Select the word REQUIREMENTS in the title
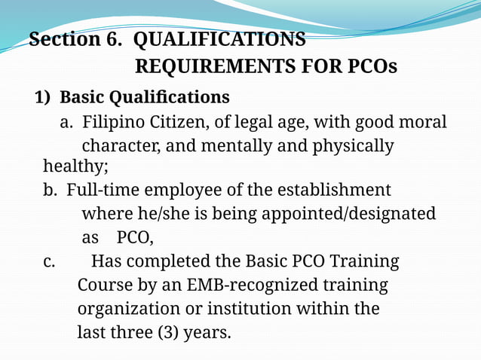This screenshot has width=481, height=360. coord(213,67)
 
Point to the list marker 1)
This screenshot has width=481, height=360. coord(44,98)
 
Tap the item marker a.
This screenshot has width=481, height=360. coord(66,122)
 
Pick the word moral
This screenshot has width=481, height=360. coord(423,122)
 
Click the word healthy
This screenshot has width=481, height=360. coord(75,166)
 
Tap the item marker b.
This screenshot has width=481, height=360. coord(51,190)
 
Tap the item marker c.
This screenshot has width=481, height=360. coord(49,262)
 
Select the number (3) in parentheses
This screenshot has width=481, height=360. coord(166,332)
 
